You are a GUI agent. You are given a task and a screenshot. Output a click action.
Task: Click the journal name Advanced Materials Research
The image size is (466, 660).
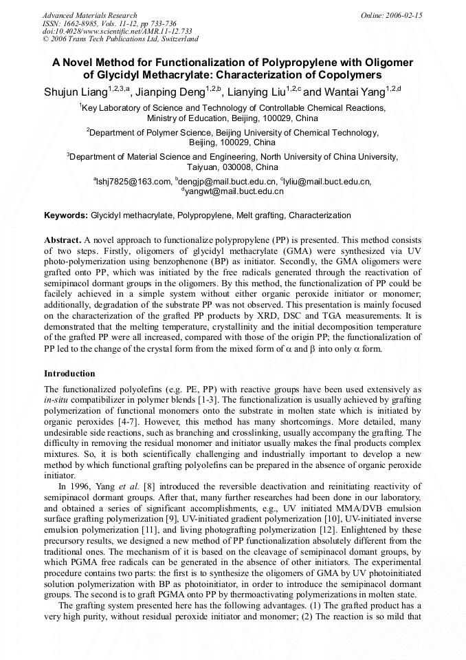click(x=89, y=15)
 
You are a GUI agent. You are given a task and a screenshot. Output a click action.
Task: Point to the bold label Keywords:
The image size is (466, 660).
click(x=66, y=215)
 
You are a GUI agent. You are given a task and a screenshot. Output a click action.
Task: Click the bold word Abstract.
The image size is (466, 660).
click(x=62, y=239)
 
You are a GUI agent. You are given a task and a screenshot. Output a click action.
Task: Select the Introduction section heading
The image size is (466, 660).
click(x=69, y=374)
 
